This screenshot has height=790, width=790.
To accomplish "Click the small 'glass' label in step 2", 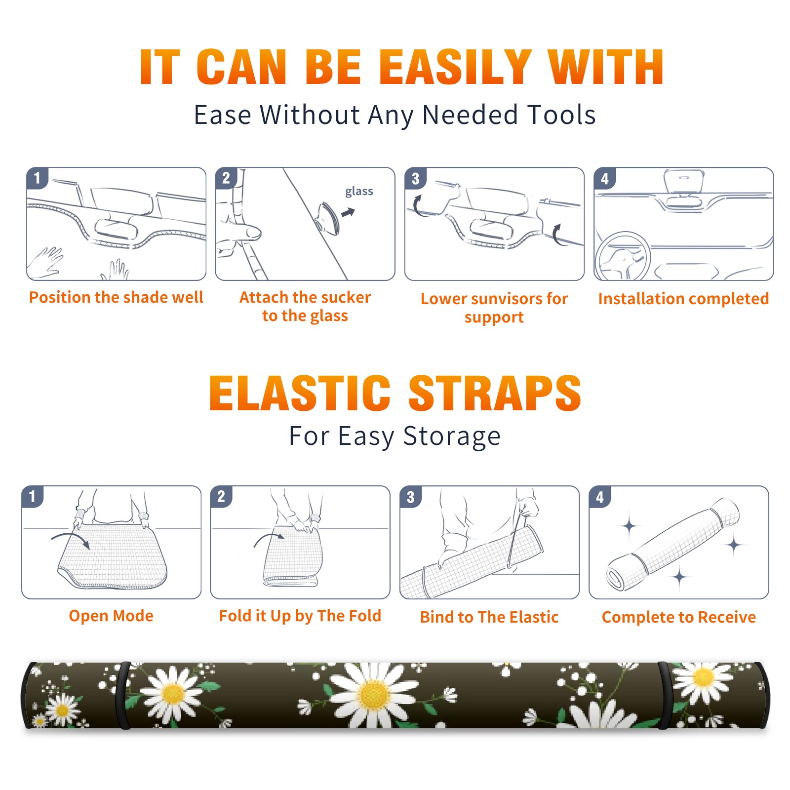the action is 359,192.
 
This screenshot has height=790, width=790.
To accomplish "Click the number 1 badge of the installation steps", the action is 37,178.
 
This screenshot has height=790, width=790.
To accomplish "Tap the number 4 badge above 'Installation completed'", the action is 604,178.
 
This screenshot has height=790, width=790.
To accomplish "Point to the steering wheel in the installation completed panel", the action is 623,256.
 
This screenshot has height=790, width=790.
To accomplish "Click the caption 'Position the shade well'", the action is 116,297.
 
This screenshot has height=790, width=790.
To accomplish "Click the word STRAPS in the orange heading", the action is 495,393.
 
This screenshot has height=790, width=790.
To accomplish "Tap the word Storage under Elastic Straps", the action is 452,436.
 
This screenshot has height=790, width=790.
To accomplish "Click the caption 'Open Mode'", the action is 111,616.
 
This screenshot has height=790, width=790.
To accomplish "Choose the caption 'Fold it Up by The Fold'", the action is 300,616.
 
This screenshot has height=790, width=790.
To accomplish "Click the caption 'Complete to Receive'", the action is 679,617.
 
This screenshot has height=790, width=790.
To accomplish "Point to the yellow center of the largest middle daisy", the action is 374,695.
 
